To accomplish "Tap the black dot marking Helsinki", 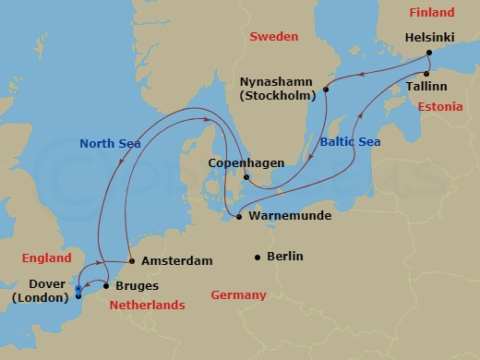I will pos(429,53).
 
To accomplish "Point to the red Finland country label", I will pos(432,13).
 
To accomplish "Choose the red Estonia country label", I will pos(439,107).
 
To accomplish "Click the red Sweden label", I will pos(273,36).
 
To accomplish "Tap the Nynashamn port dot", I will pos(327,90).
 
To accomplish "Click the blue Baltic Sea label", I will pos(349,144).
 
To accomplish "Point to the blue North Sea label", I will pos(110,143).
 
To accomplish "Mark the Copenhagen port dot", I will pos(246,177).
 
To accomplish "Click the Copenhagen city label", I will pos(245,162).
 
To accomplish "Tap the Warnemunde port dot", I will pos(238,217).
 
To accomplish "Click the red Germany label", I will pos(238,295).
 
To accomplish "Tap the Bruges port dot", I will pos(105,286).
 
